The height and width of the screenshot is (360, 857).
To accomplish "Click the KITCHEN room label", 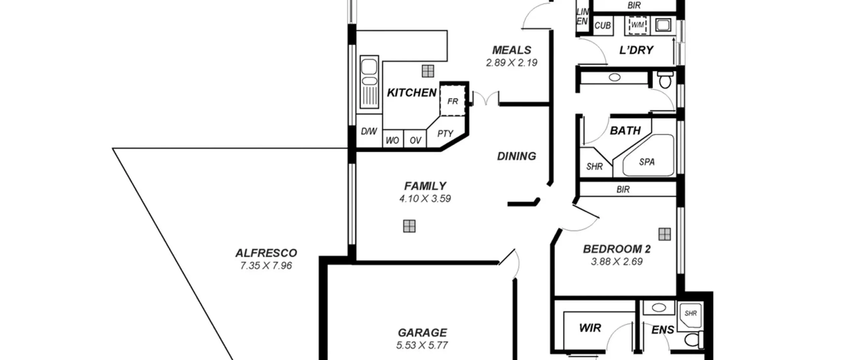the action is pyautogui.click(x=411, y=93).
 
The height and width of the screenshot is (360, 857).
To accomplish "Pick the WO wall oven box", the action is pyautogui.click(x=393, y=139).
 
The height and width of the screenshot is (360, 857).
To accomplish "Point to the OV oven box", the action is pyautogui.click(x=415, y=139).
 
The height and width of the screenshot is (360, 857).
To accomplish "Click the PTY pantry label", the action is pyautogui.click(x=445, y=134).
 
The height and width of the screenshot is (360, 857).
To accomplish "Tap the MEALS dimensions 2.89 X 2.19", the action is pyautogui.click(x=512, y=63).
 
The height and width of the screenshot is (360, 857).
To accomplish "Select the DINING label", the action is pyautogui.click(x=517, y=156).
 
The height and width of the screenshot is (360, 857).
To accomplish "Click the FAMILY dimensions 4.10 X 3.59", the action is pyautogui.click(x=425, y=199).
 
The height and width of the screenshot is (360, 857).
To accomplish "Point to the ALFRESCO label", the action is pyautogui.click(x=266, y=253).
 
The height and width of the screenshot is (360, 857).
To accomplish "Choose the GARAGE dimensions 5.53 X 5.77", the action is pyautogui.click(x=422, y=345).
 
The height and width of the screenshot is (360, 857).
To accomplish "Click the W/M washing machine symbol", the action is pyautogui.click(x=637, y=25).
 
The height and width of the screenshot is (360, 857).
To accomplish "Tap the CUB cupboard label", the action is pyautogui.click(x=603, y=25).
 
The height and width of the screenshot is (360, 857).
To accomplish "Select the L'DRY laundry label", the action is pyautogui.click(x=636, y=50).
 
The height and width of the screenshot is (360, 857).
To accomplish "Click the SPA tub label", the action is pyautogui.click(x=647, y=162).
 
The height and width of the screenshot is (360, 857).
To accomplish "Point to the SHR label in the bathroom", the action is pyautogui.click(x=595, y=166).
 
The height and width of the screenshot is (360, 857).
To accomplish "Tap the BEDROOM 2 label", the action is pyautogui.click(x=617, y=249).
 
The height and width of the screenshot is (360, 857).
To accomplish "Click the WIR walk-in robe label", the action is pyautogui.click(x=590, y=328).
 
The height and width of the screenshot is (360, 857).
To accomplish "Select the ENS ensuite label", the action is pyautogui.click(x=663, y=330).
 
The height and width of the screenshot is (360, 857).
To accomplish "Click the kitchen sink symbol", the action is pyautogui.click(x=369, y=82).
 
